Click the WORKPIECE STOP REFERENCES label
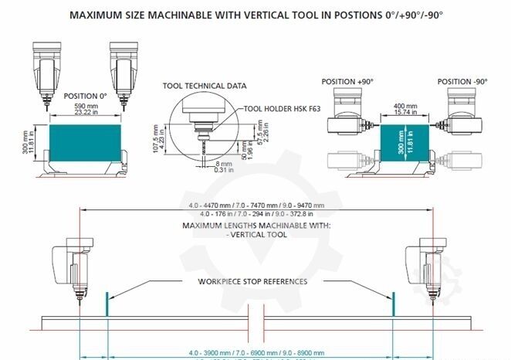point(252,281)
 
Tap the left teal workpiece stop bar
point(107,303)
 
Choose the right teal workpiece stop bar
point(394,303)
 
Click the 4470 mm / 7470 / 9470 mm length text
point(255,205)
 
